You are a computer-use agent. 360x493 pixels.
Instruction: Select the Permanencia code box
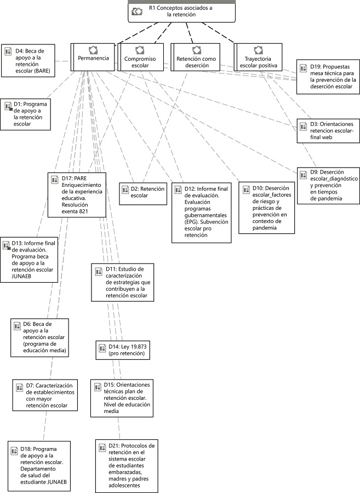pos(93,57)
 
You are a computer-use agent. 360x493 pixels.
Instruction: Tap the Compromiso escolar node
pos(140,58)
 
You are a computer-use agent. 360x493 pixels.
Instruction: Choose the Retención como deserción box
pos(192,58)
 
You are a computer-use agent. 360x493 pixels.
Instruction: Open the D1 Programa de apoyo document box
pos(26,114)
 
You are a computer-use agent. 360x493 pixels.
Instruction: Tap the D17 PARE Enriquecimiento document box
pos(77,194)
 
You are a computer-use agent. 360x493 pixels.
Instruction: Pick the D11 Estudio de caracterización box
pos(122,283)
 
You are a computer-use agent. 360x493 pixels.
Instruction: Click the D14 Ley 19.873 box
pos(122,350)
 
